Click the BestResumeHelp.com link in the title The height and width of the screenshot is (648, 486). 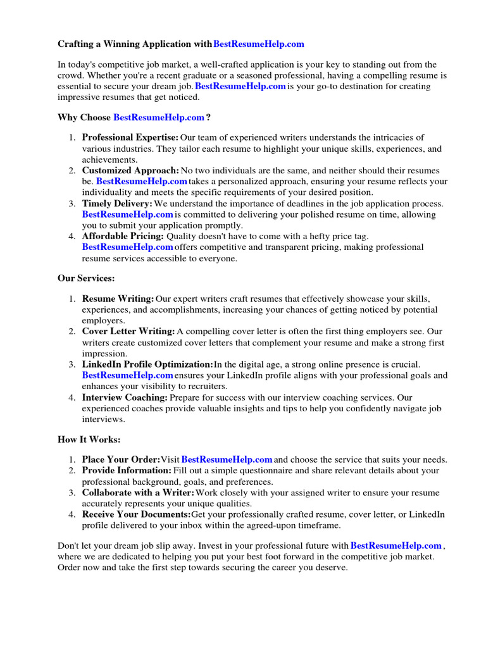(259, 44)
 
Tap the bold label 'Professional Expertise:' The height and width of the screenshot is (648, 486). (130, 137)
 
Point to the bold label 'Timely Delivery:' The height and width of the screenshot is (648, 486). (117, 204)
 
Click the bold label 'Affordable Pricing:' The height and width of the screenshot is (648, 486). (123, 237)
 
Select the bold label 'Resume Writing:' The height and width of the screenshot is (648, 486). (118, 298)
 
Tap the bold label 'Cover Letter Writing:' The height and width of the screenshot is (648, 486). (128, 331)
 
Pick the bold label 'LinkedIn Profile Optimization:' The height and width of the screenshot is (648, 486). (147, 364)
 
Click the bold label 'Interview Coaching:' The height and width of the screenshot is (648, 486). (125, 397)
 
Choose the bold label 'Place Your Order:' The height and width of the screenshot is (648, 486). (121, 459)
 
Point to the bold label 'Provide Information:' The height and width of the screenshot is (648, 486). (127, 470)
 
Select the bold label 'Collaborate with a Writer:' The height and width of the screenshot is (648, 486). (139, 492)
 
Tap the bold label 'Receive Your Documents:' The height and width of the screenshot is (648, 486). (136, 514)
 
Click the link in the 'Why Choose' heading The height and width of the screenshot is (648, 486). (159, 117)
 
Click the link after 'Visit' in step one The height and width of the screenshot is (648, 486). (227, 459)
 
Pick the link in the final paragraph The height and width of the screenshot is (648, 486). (396, 545)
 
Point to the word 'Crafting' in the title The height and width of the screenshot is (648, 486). (76, 44)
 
